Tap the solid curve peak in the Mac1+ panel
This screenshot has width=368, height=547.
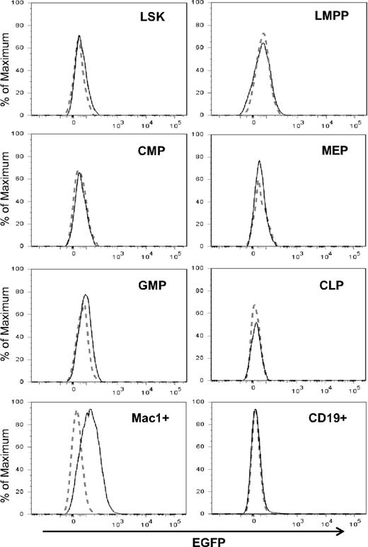90,410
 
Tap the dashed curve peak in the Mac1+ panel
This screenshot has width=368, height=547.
76,411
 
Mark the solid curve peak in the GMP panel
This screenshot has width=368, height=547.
86,294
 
